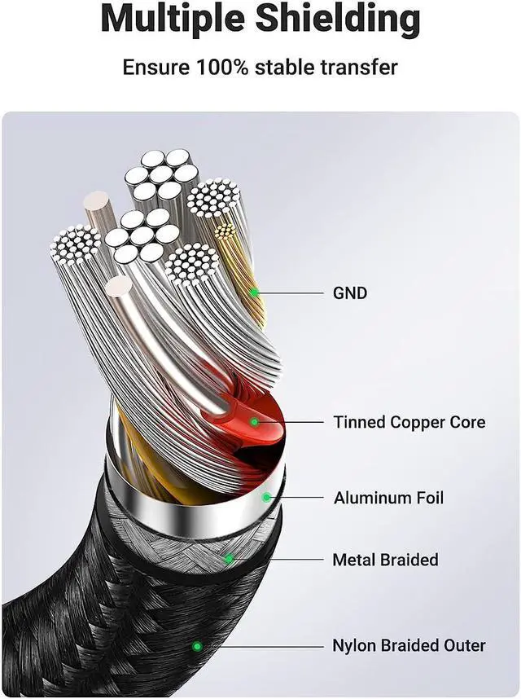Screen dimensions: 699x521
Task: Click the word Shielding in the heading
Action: coord(341,19)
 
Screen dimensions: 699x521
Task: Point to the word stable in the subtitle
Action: coord(286,67)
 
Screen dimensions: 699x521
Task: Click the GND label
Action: coord(350,292)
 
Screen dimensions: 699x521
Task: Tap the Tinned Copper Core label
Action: coord(409,422)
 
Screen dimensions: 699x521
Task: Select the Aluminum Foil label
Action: coord(388,497)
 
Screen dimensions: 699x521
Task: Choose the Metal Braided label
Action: coord(385,560)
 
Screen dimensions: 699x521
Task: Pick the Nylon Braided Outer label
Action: coord(409,646)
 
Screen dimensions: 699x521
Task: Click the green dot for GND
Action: coord(255,292)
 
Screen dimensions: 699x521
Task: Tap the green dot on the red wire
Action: coord(254,422)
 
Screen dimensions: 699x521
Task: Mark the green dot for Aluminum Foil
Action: coord(265,497)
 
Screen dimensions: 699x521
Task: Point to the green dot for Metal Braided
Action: coord(230,559)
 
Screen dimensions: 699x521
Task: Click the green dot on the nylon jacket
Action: coord(196,646)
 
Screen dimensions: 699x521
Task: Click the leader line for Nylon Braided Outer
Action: coord(260,646)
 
